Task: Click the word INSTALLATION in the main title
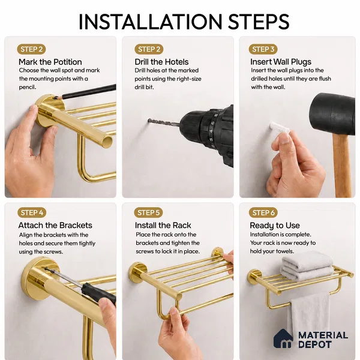click(x=150, y=22)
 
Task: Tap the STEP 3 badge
click(x=263, y=49)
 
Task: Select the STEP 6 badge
click(x=263, y=213)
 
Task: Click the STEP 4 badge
click(x=32, y=213)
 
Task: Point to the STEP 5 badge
click(x=149, y=213)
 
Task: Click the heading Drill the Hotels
click(x=161, y=62)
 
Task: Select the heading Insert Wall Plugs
click(x=281, y=62)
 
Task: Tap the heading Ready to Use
click(x=275, y=226)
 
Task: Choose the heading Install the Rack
click(x=163, y=226)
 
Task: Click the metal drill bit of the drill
click(x=163, y=122)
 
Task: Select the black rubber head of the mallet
click(x=332, y=115)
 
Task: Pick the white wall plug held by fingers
click(x=279, y=128)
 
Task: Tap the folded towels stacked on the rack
click(x=307, y=266)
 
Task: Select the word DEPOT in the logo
click(x=315, y=344)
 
